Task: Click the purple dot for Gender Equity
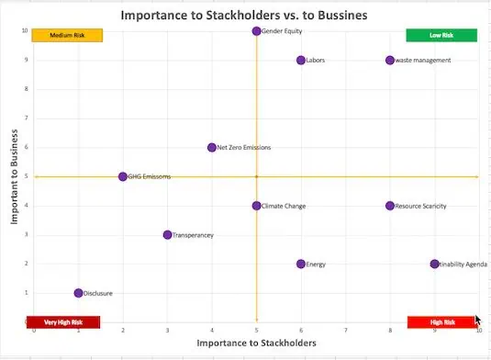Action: point(257,31)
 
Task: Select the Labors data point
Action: point(301,61)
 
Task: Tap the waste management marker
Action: point(390,61)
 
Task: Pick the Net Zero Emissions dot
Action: point(212,148)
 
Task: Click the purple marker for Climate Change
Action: point(257,206)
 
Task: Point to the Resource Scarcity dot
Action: point(390,206)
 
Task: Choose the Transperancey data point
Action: point(168,235)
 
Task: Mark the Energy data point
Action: point(301,264)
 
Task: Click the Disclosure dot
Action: point(79,293)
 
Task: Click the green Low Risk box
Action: point(441,36)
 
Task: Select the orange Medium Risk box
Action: point(67,36)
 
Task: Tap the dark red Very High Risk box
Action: point(63,322)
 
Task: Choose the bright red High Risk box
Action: point(441,322)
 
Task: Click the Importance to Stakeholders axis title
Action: point(257,343)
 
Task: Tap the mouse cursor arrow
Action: point(477,321)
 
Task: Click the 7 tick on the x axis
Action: point(345,330)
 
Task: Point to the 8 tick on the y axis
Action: point(26,90)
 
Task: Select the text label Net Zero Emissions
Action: point(244,148)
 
